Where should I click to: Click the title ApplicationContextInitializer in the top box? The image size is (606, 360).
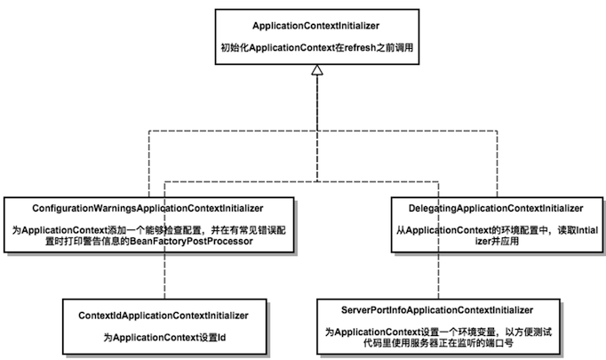coord(315,26)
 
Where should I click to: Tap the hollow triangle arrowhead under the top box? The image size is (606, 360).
coord(317,70)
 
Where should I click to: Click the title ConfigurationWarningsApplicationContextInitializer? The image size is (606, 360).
coord(148,208)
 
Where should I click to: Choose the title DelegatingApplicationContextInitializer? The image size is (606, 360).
coord(496,208)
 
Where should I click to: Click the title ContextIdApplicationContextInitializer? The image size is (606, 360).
coord(163,316)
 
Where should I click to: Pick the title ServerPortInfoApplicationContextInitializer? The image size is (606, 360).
coord(437,310)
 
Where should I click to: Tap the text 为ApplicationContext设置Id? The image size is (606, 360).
coord(164,338)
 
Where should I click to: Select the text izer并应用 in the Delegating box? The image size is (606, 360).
coord(497,241)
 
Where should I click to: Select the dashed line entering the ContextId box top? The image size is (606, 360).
coord(164,240)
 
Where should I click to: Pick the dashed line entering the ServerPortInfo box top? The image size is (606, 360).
coord(438,240)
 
